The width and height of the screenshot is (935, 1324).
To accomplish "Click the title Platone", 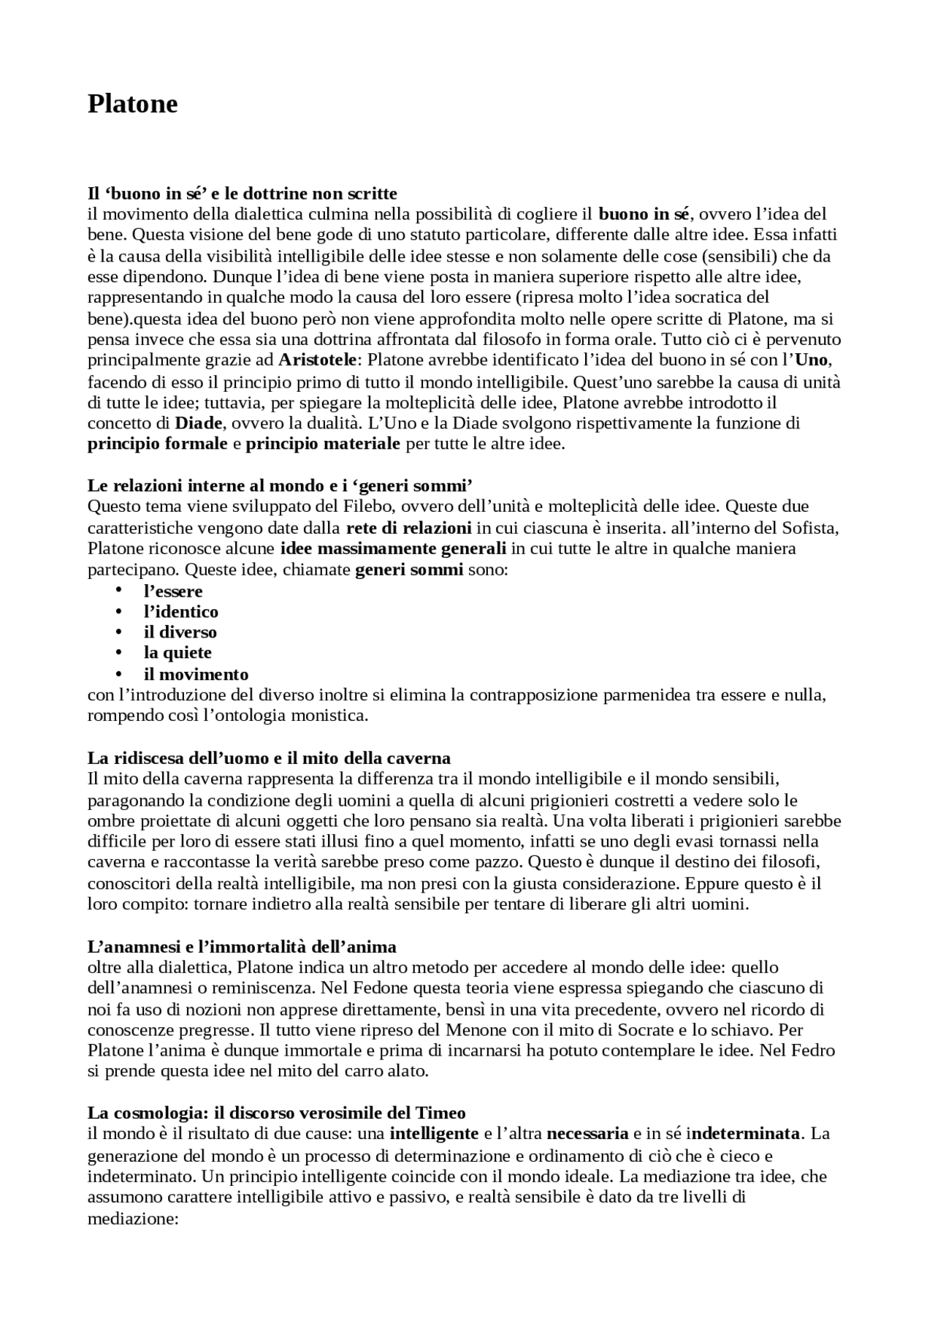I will pyautogui.click(x=132, y=104).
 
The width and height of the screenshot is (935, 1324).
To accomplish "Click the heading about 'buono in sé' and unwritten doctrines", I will pyautogui.click(x=242, y=193).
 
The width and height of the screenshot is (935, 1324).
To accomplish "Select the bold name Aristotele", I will pyautogui.click(x=318, y=360).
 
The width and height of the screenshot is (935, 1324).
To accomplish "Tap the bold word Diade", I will pyautogui.click(x=199, y=423).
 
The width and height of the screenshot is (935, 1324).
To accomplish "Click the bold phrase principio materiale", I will pyautogui.click(x=323, y=443).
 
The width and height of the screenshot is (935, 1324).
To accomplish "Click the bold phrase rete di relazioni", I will pyautogui.click(x=408, y=527).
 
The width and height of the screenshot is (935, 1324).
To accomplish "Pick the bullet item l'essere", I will pyautogui.click(x=173, y=591).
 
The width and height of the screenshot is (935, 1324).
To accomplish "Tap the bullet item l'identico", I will pyautogui.click(x=181, y=611).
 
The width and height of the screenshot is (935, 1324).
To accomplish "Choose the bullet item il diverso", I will pyautogui.click(x=180, y=632).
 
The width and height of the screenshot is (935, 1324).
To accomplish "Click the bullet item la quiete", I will pyautogui.click(x=178, y=652).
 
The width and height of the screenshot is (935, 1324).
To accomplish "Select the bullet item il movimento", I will pyautogui.click(x=196, y=674).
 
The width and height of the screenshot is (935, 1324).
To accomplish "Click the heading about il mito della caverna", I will pyautogui.click(x=269, y=757).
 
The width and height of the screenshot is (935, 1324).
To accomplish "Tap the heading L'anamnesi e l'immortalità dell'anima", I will pyautogui.click(x=242, y=947).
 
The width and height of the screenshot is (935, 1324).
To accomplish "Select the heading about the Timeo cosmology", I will pyautogui.click(x=276, y=1113).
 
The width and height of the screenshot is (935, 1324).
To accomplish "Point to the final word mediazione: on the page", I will pyautogui.click(x=133, y=1219).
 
